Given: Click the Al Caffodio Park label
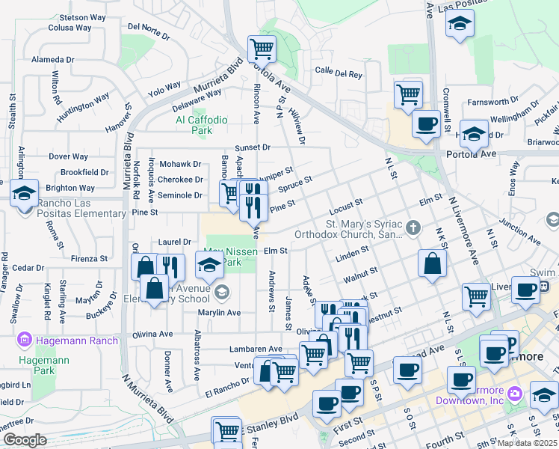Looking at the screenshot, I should tap(191, 124).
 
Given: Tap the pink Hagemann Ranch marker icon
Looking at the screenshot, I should tap(25, 341).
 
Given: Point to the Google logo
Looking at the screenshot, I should tap(24, 440).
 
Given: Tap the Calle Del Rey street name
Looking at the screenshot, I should tap(338, 73).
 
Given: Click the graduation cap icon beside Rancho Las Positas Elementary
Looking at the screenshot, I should tap(24, 192).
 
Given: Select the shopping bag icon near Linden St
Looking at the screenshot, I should tap(433, 263).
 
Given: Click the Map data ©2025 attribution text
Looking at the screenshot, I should tap(527, 443).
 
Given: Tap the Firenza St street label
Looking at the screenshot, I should tap(89, 258).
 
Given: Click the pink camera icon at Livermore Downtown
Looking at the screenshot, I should tap(515, 394).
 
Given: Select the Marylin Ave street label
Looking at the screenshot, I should tap(217, 313).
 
